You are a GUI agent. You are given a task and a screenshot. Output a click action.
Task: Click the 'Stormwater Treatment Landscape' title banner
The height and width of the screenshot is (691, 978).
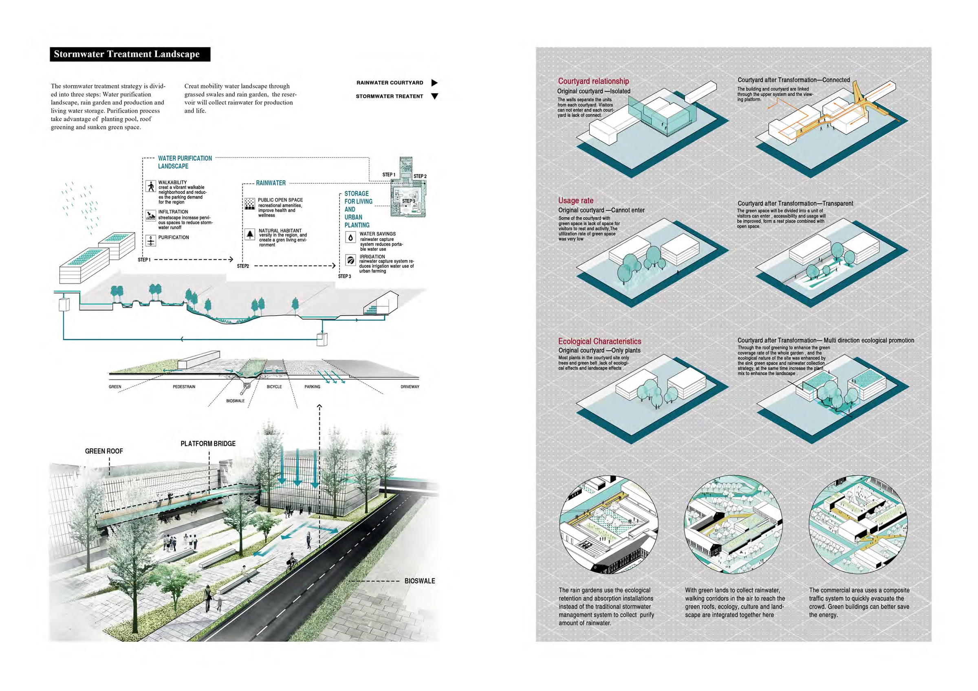click(130, 54)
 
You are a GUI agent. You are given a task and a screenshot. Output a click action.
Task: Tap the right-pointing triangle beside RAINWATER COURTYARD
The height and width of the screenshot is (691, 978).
click(434, 83)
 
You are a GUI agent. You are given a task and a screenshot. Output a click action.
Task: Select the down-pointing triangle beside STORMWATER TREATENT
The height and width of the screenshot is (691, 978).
click(434, 96)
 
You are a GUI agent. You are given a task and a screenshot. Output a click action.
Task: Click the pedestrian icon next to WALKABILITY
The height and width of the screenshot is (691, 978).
click(151, 186)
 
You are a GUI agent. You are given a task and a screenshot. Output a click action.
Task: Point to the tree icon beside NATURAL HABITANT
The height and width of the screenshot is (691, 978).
click(250, 234)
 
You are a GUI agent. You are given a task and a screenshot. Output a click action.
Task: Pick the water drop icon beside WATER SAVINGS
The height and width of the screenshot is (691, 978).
click(350, 237)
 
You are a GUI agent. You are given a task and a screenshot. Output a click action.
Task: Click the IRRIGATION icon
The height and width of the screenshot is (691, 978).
click(350, 260)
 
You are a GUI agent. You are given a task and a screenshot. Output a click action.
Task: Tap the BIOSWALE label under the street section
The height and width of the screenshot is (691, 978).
click(235, 401)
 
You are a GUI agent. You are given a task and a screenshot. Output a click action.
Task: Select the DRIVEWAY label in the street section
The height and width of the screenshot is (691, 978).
click(410, 386)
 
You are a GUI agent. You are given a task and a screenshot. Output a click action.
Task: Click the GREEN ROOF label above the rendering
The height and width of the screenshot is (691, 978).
click(104, 451)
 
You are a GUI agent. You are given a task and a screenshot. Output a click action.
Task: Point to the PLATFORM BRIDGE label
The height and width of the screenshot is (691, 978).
click(208, 444)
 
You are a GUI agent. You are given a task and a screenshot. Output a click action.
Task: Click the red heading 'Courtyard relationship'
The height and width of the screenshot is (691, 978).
click(593, 81)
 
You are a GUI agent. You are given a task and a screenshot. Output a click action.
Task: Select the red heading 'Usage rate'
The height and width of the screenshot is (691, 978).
click(575, 200)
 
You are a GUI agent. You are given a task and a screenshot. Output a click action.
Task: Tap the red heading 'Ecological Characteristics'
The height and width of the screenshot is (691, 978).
click(599, 341)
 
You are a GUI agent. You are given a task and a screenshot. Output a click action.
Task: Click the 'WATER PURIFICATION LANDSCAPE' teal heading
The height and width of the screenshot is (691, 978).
click(185, 162)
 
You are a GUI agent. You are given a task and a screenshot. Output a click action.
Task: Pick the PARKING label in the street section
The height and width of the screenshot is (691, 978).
click(312, 386)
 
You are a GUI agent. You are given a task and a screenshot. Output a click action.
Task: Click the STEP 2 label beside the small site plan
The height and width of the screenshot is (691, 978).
click(420, 176)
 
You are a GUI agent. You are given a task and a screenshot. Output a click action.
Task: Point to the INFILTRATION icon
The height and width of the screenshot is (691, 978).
click(151, 215)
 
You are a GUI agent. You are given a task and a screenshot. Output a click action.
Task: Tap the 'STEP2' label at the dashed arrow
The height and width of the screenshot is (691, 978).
click(243, 266)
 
